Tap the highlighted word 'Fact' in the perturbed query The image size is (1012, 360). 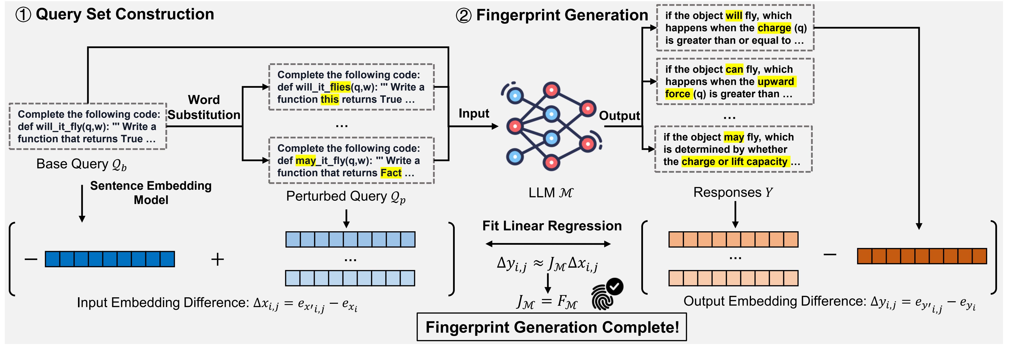(391, 173)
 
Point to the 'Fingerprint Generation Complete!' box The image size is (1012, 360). (551, 327)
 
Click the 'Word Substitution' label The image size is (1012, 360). (204, 107)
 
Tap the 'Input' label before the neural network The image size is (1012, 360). (474, 113)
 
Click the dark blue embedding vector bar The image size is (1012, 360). (110, 259)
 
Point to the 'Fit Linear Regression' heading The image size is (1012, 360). (552, 226)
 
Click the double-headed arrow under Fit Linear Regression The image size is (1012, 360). (548, 244)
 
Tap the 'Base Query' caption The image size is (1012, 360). (81, 164)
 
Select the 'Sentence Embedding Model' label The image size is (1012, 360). (151, 192)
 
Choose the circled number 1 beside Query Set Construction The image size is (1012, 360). (23, 15)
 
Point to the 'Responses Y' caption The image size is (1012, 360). (733, 192)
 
